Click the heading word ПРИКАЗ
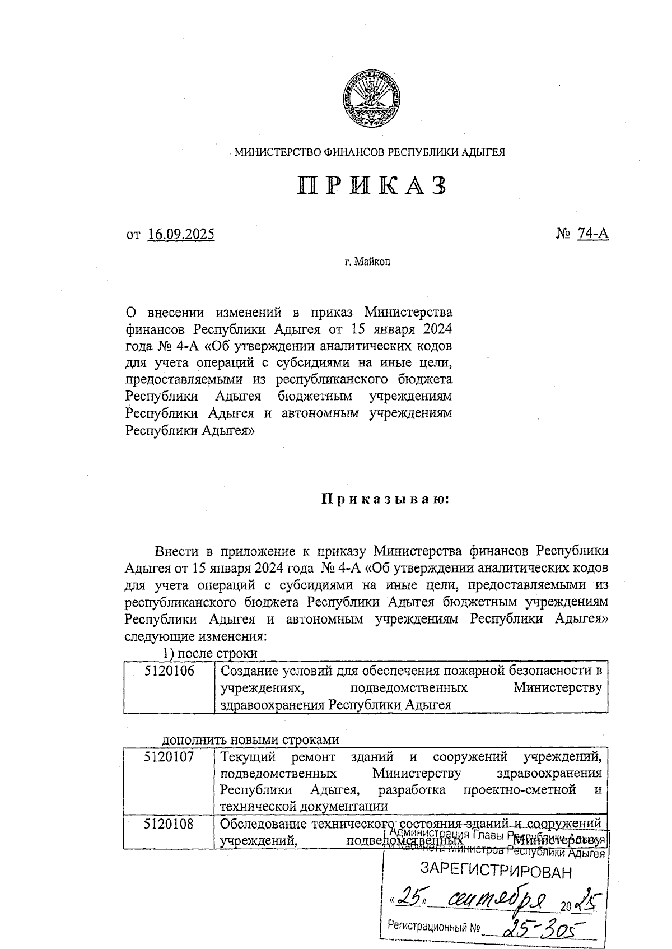coord(372,185)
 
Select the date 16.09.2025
coord(181,234)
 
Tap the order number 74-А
coord(592,234)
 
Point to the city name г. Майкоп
coord(367,262)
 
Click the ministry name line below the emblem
coord(370,152)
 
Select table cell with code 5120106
coord(169,671)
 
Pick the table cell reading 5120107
coord(169,756)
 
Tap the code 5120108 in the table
coord(169,824)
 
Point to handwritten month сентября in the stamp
coord(496,900)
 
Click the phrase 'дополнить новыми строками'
coord(250,739)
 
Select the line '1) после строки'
coord(210,653)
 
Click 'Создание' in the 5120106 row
coord(246,671)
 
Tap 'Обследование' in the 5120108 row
coord(262,824)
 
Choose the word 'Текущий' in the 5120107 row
coord(248,756)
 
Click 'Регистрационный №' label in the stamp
coord(434,927)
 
